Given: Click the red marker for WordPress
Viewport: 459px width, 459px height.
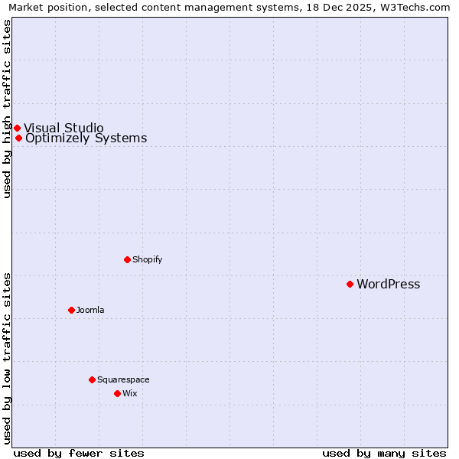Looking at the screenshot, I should click(350, 284).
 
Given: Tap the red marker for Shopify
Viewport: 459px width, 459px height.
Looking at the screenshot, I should click(127, 259).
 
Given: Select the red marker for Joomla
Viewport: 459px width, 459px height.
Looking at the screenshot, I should click(71, 310).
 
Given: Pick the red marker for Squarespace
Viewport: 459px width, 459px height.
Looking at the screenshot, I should click(92, 379).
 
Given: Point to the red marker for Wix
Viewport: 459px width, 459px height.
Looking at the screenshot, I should click(117, 393).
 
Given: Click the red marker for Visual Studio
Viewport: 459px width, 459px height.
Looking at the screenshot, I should click(17, 128).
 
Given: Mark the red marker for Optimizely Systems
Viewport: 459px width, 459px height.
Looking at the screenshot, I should click(18, 138).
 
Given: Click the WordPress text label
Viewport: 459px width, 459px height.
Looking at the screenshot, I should click(388, 285).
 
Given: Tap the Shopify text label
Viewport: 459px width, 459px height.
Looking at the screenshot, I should click(147, 260).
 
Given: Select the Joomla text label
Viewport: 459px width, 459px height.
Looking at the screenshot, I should click(90, 311).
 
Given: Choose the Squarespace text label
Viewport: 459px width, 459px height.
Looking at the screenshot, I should click(123, 380).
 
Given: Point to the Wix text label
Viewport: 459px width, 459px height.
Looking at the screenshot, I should click(129, 394).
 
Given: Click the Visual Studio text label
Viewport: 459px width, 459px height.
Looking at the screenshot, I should click(63, 128).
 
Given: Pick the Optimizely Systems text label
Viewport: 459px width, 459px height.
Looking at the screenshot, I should click(86, 138).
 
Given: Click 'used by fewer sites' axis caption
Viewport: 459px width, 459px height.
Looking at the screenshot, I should click(79, 453).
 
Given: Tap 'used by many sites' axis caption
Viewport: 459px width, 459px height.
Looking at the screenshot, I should click(384, 453).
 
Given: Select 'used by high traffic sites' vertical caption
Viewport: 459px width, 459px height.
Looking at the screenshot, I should click(7, 109).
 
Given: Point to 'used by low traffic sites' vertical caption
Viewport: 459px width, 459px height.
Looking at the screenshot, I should click(7, 358).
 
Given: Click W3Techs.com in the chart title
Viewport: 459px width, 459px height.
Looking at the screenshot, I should click(417, 7).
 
